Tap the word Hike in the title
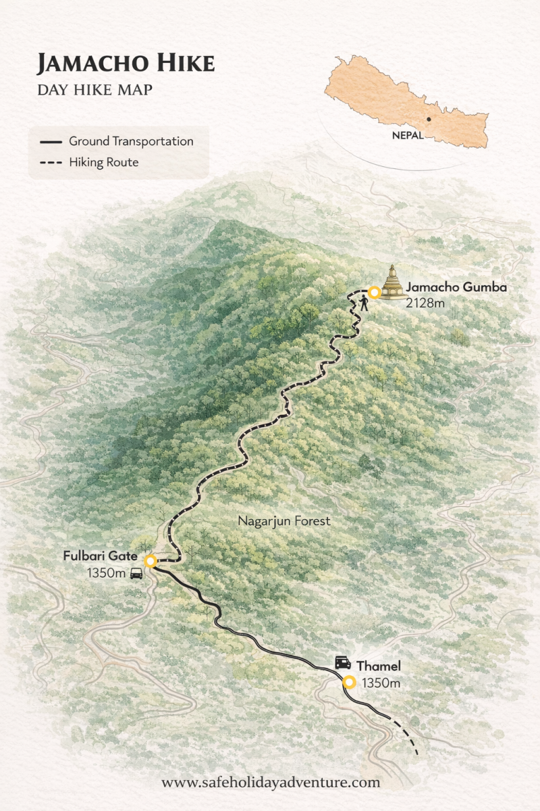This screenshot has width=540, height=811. (187, 64)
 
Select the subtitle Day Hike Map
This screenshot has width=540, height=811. (94, 89)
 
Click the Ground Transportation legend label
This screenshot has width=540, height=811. (131, 141)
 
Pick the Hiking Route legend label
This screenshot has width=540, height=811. (103, 162)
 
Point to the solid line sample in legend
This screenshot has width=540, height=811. (51, 142)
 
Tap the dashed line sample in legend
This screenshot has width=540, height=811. (51, 163)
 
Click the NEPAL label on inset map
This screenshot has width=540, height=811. (408, 135)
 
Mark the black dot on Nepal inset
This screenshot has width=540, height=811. (428, 119)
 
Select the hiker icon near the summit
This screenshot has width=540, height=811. (364, 303)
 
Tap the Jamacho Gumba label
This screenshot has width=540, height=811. (456, 287)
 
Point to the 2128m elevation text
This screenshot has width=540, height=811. (425, 303)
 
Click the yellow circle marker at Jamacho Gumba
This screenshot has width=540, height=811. (373, 293)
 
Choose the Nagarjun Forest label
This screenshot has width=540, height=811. (284, 521)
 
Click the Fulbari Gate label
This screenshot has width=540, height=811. (100, 557)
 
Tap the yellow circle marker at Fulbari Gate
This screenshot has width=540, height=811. (151, 560)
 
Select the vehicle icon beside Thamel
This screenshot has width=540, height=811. (343, 662)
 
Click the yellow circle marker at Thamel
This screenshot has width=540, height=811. (349, 682)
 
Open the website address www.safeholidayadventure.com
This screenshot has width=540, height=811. (270, 783)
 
